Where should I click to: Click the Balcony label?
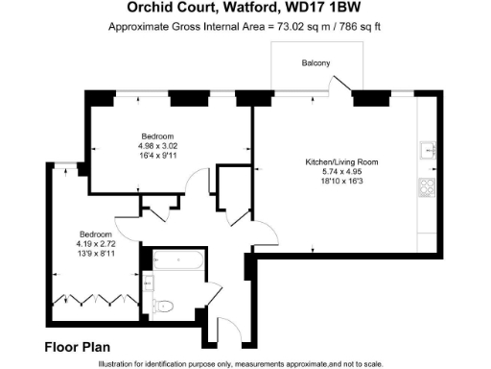[316, 63]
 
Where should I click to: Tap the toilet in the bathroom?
[164, 306]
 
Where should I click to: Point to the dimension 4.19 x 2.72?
[96, 244]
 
